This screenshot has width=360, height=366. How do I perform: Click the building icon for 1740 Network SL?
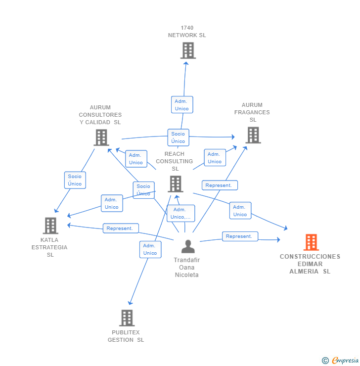click(x=188, y=50)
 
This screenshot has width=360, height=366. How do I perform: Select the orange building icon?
click(x=311, y=242)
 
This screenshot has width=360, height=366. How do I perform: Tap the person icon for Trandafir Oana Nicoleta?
click(x=188, y=246)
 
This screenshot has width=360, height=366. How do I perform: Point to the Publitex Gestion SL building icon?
click(x=127, y=318)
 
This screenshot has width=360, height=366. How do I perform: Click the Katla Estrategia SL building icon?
click(x=50, y=226)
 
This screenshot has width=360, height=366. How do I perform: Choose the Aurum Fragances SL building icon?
click(x=253, y=135)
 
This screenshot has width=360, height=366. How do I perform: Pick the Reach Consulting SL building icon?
click(x=176, y=184)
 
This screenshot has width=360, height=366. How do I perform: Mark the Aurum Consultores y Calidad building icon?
click(x=101, y=137)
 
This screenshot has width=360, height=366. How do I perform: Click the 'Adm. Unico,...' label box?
click(x=180, y=213)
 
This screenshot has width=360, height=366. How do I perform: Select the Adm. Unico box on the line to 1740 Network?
click(x=181, y=105)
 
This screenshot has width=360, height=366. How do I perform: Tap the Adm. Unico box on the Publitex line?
click(x=150, y=249)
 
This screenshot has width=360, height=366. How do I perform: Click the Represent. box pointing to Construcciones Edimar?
click(x=240, y=236)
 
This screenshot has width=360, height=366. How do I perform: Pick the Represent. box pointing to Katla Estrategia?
click(x=121, y=229)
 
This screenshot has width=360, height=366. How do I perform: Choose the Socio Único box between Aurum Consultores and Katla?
click(x=75, y=180)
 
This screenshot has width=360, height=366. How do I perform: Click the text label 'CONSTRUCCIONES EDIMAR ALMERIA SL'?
click(x=310, y=264)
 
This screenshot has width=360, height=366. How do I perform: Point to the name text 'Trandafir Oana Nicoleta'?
click(x=187, y=267)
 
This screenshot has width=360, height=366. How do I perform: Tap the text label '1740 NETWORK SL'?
click(x=187, y=32)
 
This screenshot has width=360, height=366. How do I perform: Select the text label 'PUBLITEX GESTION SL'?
click(x=126, y=336)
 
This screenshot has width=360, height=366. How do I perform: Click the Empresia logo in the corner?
click(x=341, y=361)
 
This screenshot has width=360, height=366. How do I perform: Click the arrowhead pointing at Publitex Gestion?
click(x=130, y=303)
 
